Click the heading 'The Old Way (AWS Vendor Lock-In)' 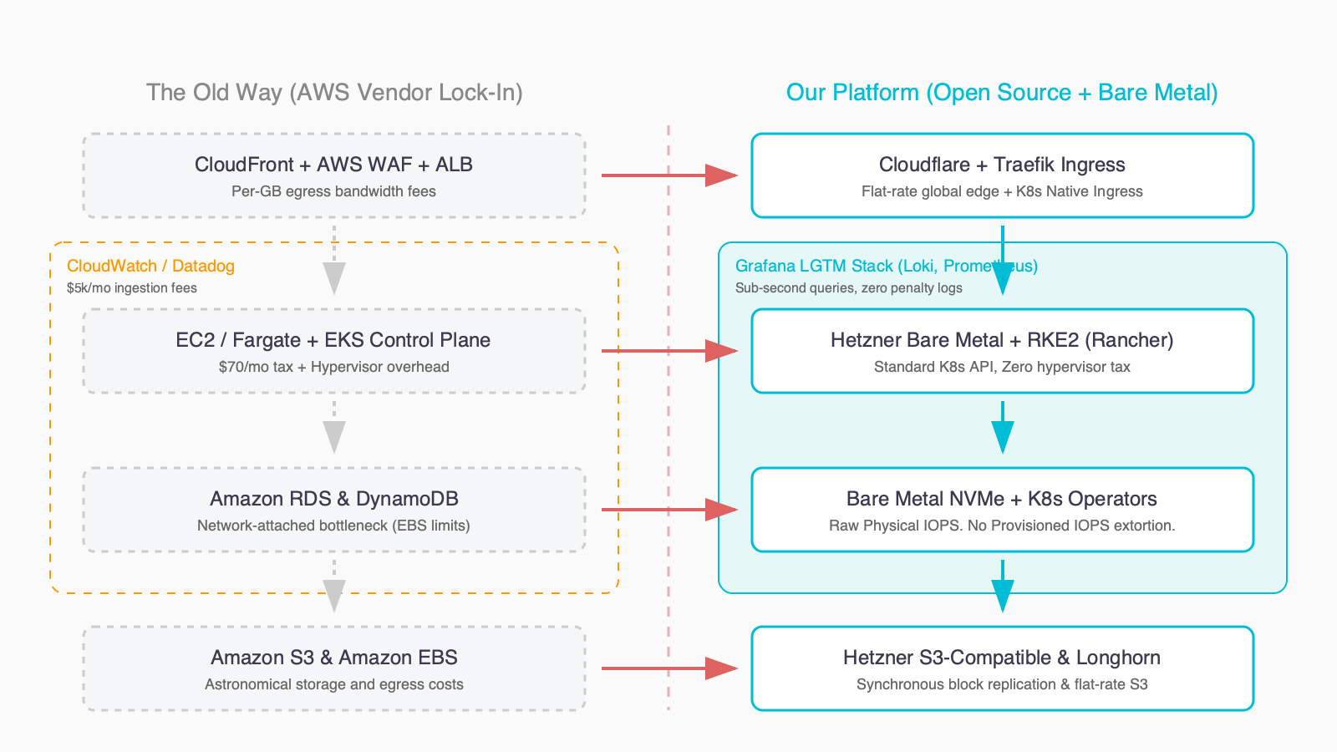pos(334,92)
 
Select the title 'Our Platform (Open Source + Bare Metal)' pos(1002,92)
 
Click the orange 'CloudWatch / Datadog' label pos(150,266)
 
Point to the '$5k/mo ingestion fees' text pos(132,288)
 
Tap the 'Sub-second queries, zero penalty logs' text pos(848,288)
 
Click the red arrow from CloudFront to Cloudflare pos(668,175)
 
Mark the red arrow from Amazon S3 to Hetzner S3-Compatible pos(668,668)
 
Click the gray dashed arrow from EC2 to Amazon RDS pos(334,428)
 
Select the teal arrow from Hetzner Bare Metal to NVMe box pos(1002,428)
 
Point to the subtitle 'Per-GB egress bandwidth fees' pos(334,191)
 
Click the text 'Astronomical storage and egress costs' pos(334,684)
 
